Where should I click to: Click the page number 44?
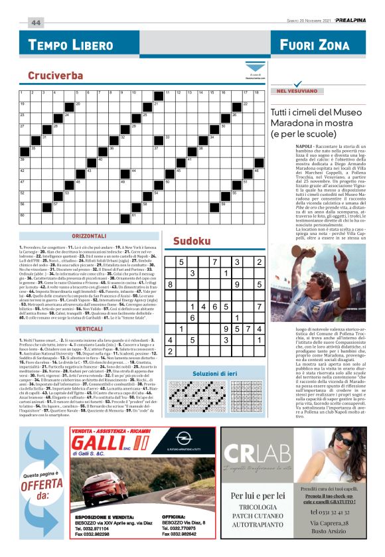[x=35, y=22]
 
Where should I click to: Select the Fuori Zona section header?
[x=315, y=45]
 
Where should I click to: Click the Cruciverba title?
[x=55, y=76]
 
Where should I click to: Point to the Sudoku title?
[x=193, y=241]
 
